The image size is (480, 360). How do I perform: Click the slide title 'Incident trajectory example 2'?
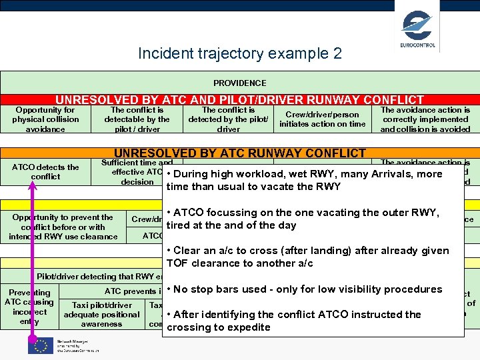(x=239, y=53)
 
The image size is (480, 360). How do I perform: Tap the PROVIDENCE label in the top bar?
(x=239, y=83)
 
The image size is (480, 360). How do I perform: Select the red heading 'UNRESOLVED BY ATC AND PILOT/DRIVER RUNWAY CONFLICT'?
(x=239, y=99)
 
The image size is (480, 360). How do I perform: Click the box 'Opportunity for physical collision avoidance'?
(x=45, y=119)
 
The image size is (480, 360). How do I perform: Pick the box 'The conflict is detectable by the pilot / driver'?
(x=137, y=119)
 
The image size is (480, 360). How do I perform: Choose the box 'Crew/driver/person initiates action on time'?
(x=322, y=119)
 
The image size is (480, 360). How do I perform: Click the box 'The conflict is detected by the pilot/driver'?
(x=228, y=119)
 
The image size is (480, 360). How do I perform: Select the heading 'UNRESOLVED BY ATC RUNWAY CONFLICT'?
(x=239, y=153)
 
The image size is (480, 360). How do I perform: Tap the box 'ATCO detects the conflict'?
(x=45, y=172)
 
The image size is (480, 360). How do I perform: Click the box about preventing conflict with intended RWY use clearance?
(x=63, y=227)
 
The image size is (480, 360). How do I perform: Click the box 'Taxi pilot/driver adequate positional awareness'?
(x=101, y=315)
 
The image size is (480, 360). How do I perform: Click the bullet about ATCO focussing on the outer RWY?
(x=304, y=218)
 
